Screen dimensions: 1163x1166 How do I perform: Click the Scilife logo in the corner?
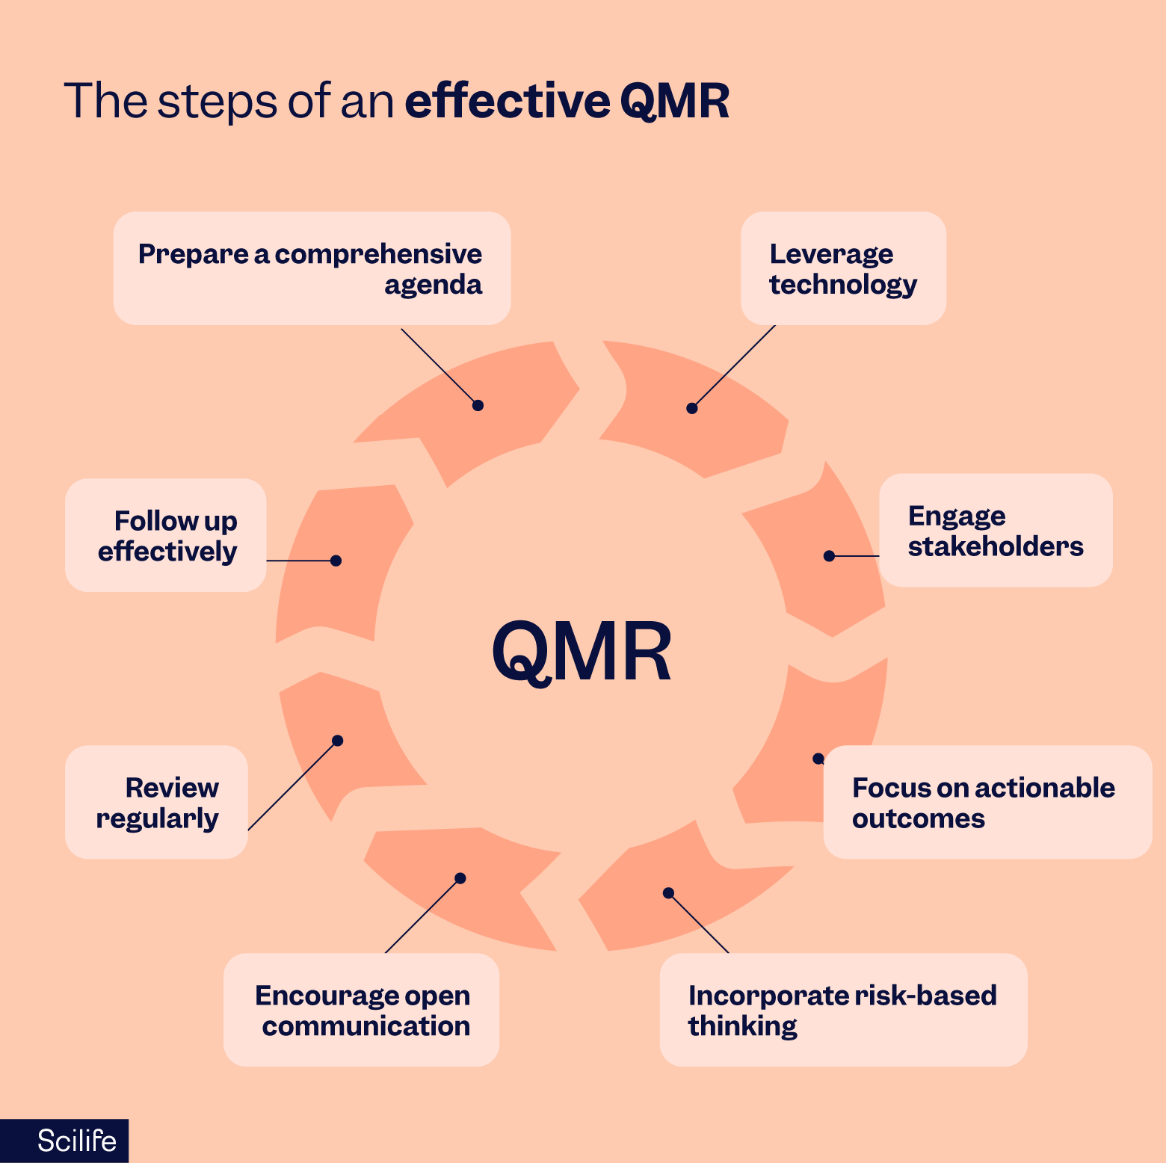(76, 1141)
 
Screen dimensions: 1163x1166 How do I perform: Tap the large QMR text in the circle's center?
(582, 652)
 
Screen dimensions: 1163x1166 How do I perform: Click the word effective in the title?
(508, 101)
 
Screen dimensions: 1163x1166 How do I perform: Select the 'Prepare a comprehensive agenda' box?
(312, 268)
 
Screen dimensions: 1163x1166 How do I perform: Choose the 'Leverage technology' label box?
(843, 268)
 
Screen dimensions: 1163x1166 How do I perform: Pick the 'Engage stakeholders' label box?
(995, 530)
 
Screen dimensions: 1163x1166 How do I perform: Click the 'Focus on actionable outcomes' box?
(987, 802)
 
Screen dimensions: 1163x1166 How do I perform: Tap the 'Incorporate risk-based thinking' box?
(843, 1010)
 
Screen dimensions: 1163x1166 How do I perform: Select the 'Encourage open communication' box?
(361, 1010)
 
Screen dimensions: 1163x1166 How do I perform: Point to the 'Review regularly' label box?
(156, 802)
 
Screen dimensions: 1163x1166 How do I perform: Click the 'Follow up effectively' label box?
(166, 535)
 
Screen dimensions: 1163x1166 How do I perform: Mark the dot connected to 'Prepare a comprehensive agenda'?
(478, 405)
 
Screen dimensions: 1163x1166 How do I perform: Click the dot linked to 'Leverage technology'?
(692, 408)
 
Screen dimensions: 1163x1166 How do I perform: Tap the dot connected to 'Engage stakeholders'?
(829, 556)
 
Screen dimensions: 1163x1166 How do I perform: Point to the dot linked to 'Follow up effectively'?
(336, 561)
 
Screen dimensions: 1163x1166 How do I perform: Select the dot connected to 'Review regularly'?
(337, 741)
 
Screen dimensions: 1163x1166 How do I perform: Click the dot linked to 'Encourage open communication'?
(460, 878)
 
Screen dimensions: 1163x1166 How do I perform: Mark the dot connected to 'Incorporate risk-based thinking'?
(669, 893)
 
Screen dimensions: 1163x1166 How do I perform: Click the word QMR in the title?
(674, 101)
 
